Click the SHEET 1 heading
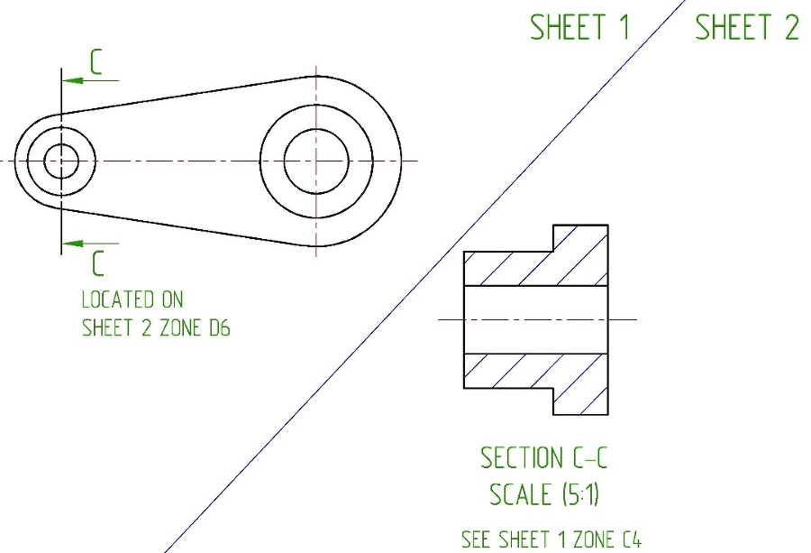pyautogui.click(x=579, y=27)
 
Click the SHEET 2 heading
pyautogui.click(x=747, y=27)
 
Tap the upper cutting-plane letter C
pyautogui.click(x=96, y=62)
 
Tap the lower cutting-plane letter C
pyautogui.click(x=98, y=263)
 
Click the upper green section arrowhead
pyautogui.click(x=72, y=81)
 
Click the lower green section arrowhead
pyautogui.click(x=72, y=244)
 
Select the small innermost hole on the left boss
pyautogui.click(x=61, y=161)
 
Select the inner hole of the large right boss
pyautogui.click(x=316, y=161)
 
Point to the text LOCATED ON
pyautogui.click(x=132, y=300)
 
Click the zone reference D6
pyautogui.click(x=219, y=327)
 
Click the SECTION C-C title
pyautogui.click(x=543, y=457)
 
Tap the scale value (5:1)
pyautogui.click(x=581, y=494)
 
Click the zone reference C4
pyautogui.click(x=632, y=539)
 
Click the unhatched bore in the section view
pyautogui.click(x=536, y=320)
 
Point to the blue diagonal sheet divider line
pyautogui.click(x=424, y=276)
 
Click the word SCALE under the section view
pyautogui.click(x=520, y=494)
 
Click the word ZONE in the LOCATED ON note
pyautogui.click(x=180, y=327)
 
